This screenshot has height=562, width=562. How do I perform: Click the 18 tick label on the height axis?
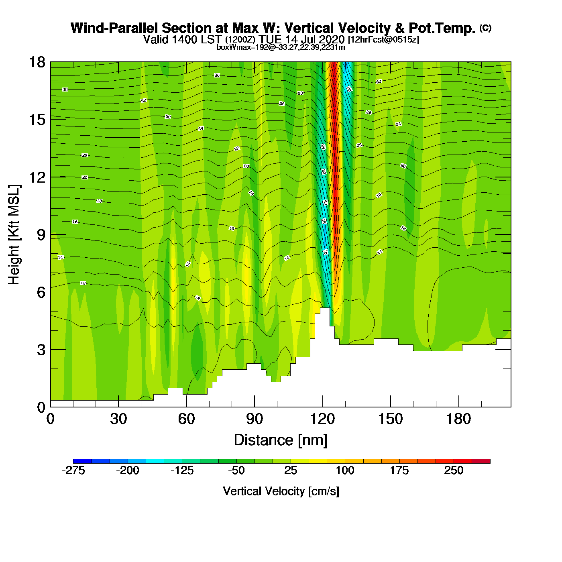tap(37, 62)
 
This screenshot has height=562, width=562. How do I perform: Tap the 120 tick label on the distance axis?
tap(322, 419)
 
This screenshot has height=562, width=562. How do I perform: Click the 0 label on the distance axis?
tap(51, 419)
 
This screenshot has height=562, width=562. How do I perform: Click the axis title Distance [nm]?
tap(281, 440)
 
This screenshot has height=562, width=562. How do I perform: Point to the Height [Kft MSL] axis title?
tap(14, 235)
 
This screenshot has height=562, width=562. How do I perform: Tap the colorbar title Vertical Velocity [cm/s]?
tap(281, 491)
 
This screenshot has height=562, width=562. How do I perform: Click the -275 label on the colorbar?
tap(73, 470)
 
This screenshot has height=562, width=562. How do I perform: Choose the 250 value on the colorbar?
tap(454, 470)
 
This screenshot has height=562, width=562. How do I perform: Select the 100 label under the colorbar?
tap(345, 470)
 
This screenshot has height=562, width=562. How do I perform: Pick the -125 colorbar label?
tap(182, 470)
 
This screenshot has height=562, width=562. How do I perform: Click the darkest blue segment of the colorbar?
tap(82, 461)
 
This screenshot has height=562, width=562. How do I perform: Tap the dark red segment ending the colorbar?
tap(481, 461)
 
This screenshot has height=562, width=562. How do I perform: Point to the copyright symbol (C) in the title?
tap(485, 28)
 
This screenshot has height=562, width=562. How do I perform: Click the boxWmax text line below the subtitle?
tap(281, 47)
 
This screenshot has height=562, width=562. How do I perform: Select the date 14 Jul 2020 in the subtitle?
tap(315, 39)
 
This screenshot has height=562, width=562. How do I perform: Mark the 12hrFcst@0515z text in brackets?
tap(383, 40)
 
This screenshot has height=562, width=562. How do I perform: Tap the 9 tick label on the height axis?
tap(41, 235)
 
